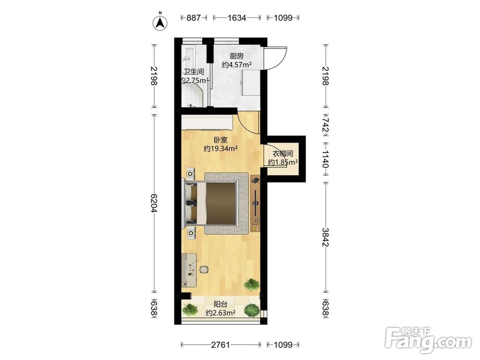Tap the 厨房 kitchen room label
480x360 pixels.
point(237,56)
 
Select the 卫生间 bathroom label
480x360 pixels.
point(193,72)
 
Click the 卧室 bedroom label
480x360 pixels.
point(221,140)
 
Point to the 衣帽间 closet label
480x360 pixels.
point(283,154)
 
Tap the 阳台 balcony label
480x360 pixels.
point(220,304)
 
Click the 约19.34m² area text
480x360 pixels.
point(221,149)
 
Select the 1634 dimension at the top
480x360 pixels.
point(237,18)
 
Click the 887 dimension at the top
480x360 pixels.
point(193,18)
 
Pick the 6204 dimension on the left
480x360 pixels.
point(154,203)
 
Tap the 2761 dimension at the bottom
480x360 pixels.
point(220,345)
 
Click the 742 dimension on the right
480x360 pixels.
point(325,125)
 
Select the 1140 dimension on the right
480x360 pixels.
point(325,159)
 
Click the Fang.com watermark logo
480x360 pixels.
point(429,340)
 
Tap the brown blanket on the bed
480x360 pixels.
point(221,203)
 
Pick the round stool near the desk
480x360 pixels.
point(204,269)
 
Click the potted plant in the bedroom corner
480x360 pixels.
point(252,284)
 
